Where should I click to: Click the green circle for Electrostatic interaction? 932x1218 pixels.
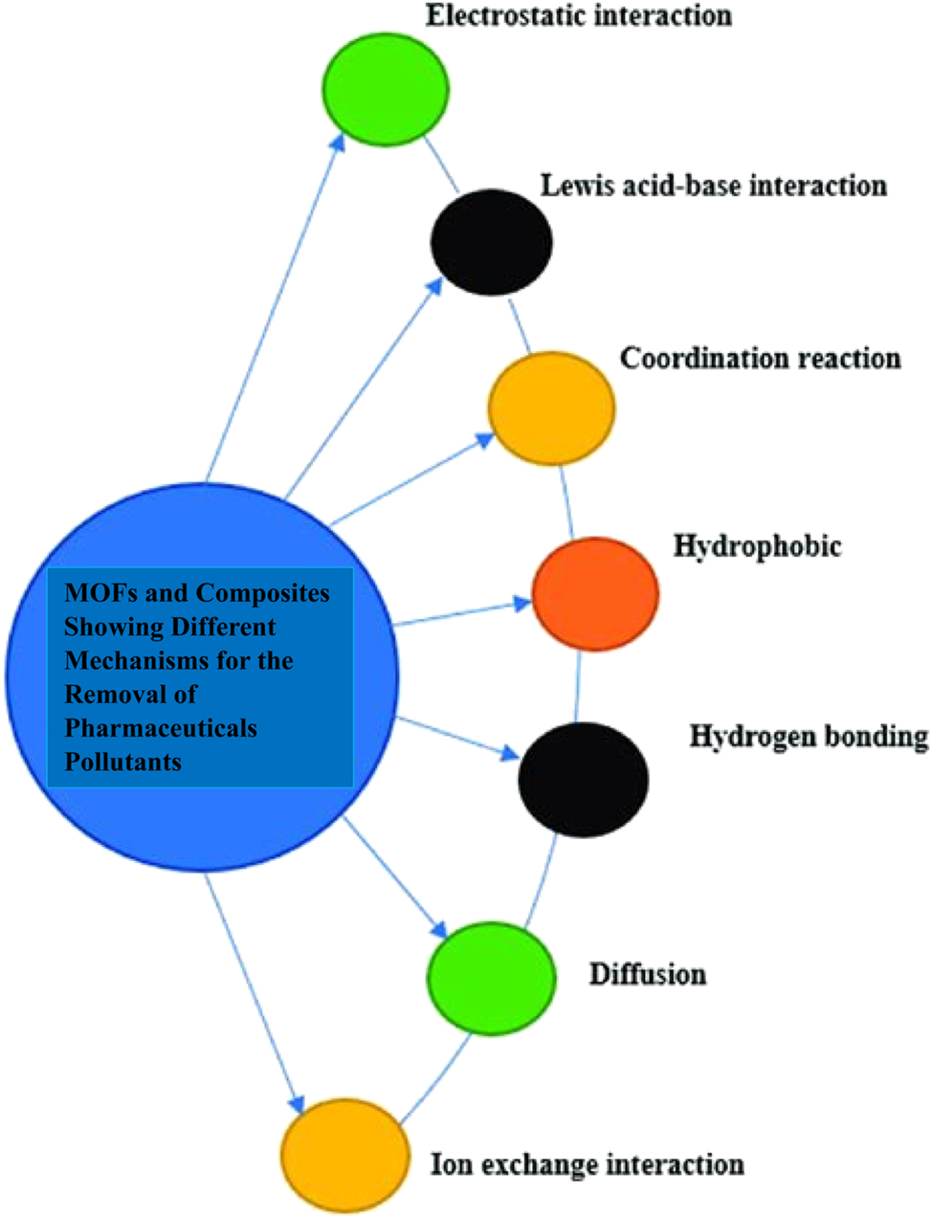386,89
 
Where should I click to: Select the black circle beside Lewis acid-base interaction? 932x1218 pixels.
491,242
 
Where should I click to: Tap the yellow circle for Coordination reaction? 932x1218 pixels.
551,409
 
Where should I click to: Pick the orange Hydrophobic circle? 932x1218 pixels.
595,594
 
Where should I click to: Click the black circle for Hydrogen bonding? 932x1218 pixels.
583,779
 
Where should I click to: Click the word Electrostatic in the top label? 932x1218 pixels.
497,16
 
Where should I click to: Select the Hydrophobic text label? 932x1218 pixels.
757,546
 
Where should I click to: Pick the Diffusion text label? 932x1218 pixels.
647,974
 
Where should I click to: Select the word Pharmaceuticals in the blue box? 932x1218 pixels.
161,728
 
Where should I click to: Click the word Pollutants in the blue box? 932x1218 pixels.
122,762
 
